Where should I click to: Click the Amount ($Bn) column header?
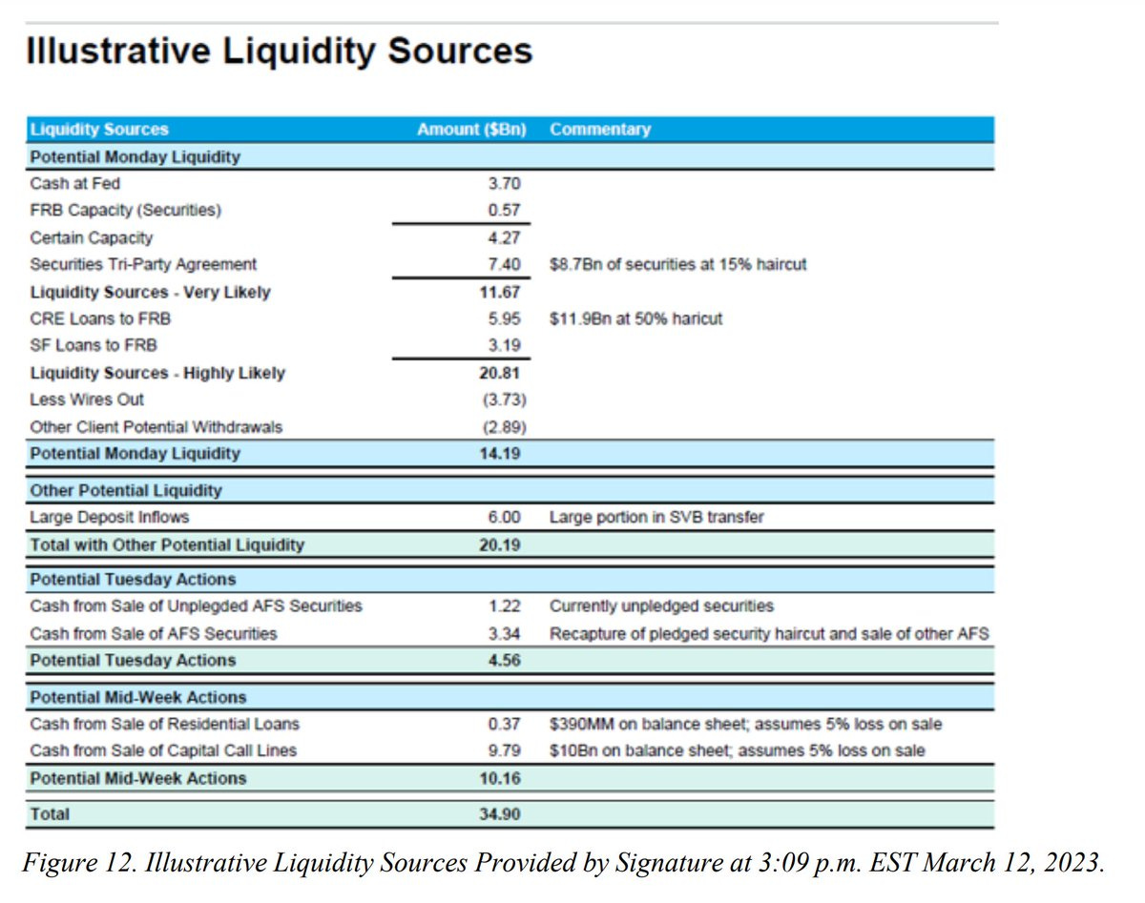471,130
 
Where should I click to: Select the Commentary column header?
600,130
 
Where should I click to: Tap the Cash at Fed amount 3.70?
505,183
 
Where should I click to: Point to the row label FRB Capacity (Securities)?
126,210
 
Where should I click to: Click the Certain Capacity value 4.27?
505,237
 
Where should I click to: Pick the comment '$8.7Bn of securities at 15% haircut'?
677,264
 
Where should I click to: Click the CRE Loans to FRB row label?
100,318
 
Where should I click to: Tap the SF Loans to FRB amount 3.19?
505,345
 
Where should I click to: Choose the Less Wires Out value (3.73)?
502,400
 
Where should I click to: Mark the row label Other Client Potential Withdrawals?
156,426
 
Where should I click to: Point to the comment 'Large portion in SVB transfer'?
656,518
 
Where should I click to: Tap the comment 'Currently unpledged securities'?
661,606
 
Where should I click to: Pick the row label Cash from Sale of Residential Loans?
165,724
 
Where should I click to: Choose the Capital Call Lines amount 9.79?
505,750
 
